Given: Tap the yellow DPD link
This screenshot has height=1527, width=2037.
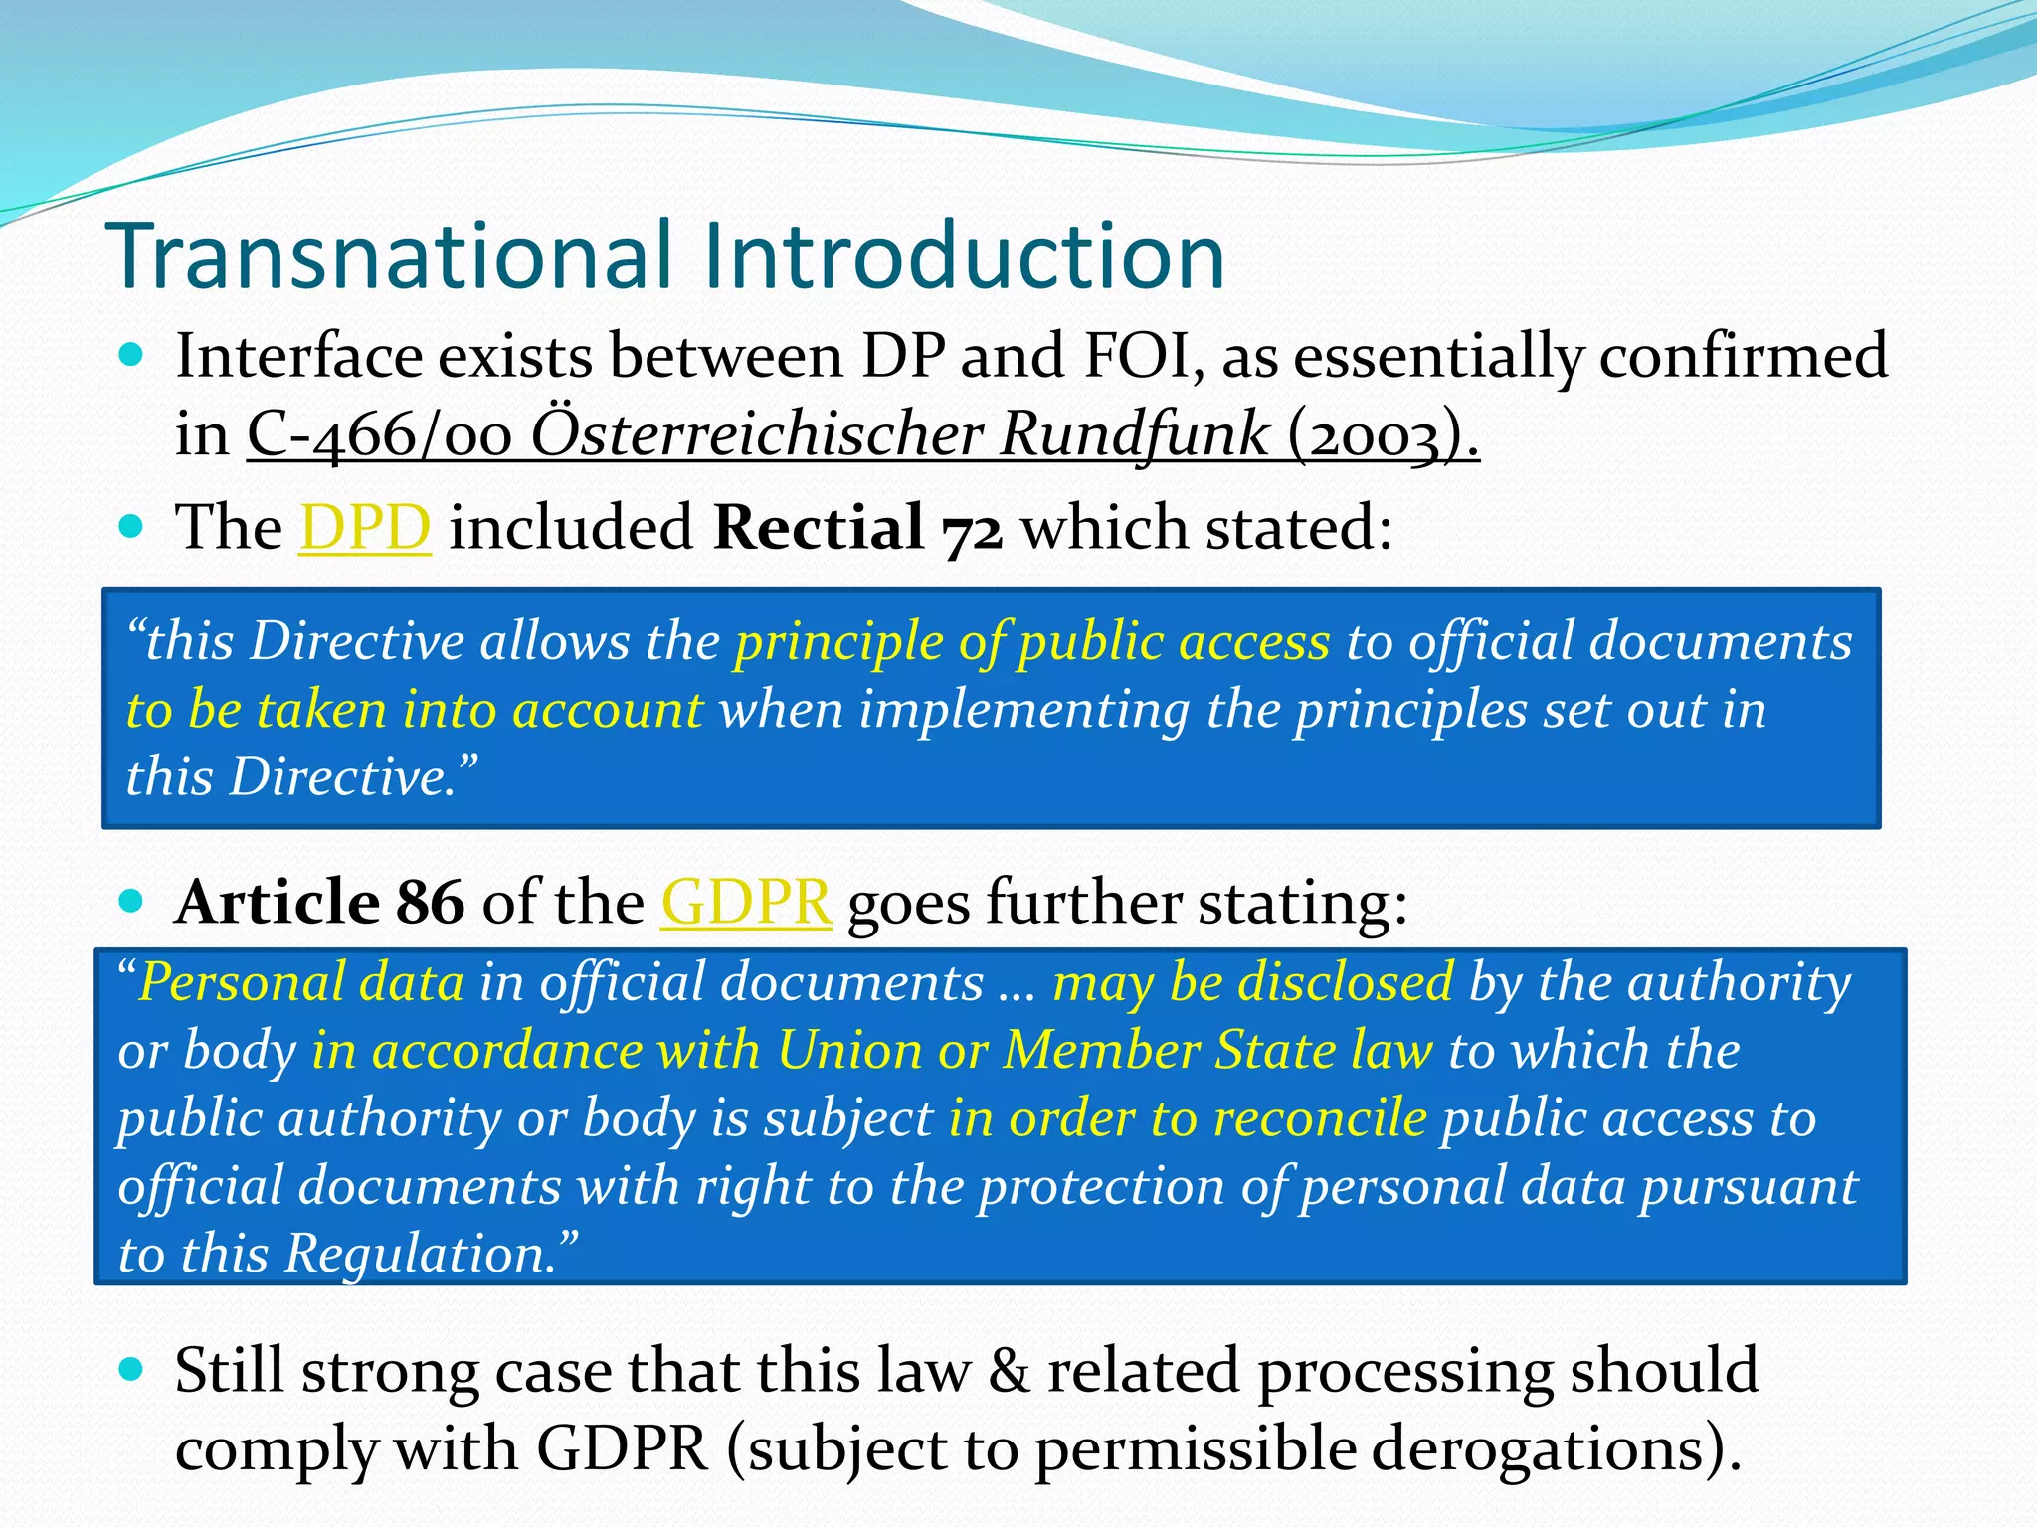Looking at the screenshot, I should (x=365, y=527).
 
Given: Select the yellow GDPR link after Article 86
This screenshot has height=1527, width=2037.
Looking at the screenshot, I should (x=746, y=903).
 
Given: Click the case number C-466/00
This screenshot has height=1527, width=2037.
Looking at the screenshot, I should (x=379, y=434).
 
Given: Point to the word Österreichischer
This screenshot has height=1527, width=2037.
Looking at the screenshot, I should (x=757, y=434).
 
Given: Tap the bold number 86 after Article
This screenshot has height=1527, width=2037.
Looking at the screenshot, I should (x=430, y=903).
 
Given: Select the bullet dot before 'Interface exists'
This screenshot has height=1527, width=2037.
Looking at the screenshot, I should (x=131, y=355).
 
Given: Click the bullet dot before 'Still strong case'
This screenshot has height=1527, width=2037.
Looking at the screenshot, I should (x=131, y=1370).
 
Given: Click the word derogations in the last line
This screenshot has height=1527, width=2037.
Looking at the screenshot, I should (x=1533, y=1448).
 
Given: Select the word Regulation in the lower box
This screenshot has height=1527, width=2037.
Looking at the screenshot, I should (x=418, y=1254).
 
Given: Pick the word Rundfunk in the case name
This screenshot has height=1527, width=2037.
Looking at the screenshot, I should (x=1134, y=434).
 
